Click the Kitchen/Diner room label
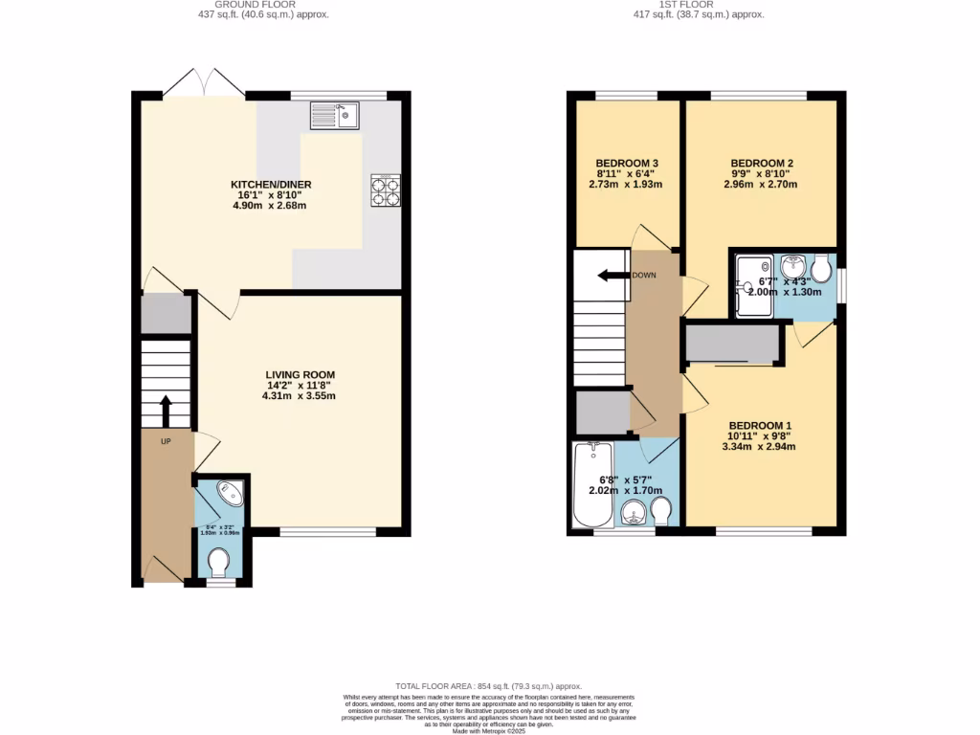(x=271, y=185)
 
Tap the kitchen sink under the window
(x=333, y=115)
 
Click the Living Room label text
(x=301, y=374)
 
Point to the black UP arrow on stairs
(x=165, y=411)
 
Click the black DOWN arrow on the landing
(x=609, y=277)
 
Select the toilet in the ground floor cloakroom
(x=219, y=562)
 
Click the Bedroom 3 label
(x=626, y=163)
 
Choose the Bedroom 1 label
(x=761, y=426)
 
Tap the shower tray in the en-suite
(x=753, y=283)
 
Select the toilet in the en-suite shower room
(x=820, y=268)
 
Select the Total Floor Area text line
(x=489, y=686)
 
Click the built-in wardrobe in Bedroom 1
(x=732, y=345)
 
